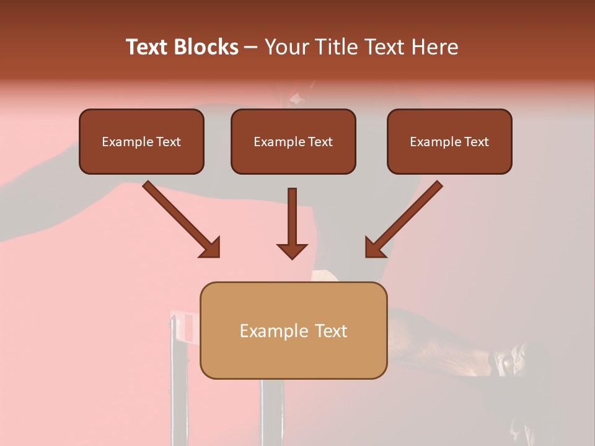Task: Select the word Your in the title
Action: point(284,47)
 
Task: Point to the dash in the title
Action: point(251,47)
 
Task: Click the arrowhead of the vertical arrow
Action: point(292,251)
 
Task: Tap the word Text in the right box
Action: point(477,142)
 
